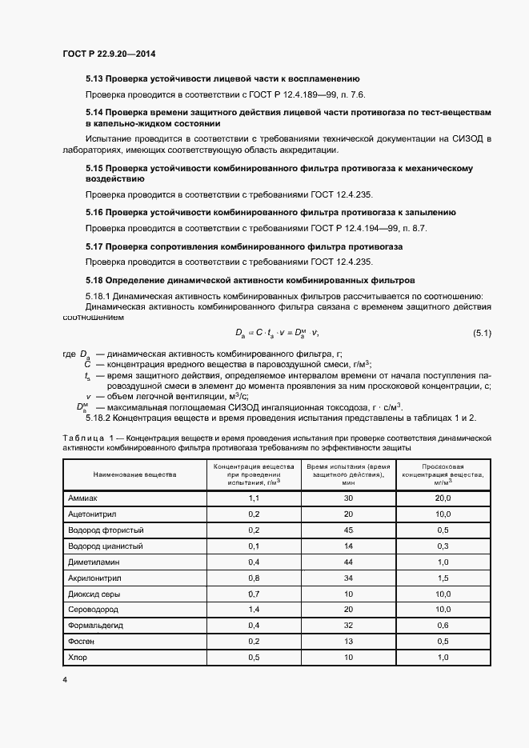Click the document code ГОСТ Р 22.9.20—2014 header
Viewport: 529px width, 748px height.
point(109,54)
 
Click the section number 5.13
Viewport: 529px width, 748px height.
point(94,78)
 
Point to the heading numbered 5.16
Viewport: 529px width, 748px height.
point(271,212)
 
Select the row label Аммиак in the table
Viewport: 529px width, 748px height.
point(83,498)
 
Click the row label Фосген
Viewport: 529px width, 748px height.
point(82,642)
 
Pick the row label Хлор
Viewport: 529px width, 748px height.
point(78,658)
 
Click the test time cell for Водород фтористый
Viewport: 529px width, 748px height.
point(348,530)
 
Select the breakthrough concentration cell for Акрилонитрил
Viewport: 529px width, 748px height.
point(443,578)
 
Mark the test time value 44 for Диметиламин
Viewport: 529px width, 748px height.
point(348,562)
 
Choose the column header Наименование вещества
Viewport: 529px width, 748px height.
point(134,474)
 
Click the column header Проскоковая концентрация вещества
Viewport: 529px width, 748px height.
point(443,474)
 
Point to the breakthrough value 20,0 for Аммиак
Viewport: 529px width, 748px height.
point(443,498)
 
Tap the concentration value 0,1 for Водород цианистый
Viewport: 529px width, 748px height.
point(254,546)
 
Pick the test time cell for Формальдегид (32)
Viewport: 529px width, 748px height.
point(348,626)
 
